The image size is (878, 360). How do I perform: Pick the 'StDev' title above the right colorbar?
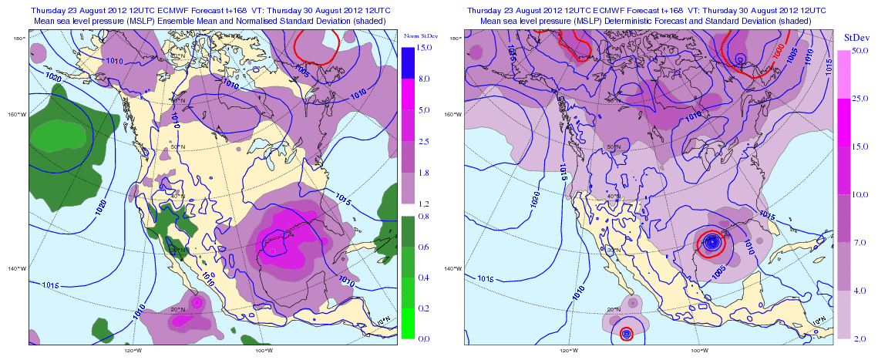tap(856, 37)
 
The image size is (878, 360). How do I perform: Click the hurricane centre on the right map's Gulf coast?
tap(712, 242)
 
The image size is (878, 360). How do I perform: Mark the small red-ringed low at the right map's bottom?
tap(626, 334)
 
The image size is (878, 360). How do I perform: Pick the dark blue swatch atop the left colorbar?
tap(408, 62)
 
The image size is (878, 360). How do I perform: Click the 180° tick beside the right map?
tap(455, 37)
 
